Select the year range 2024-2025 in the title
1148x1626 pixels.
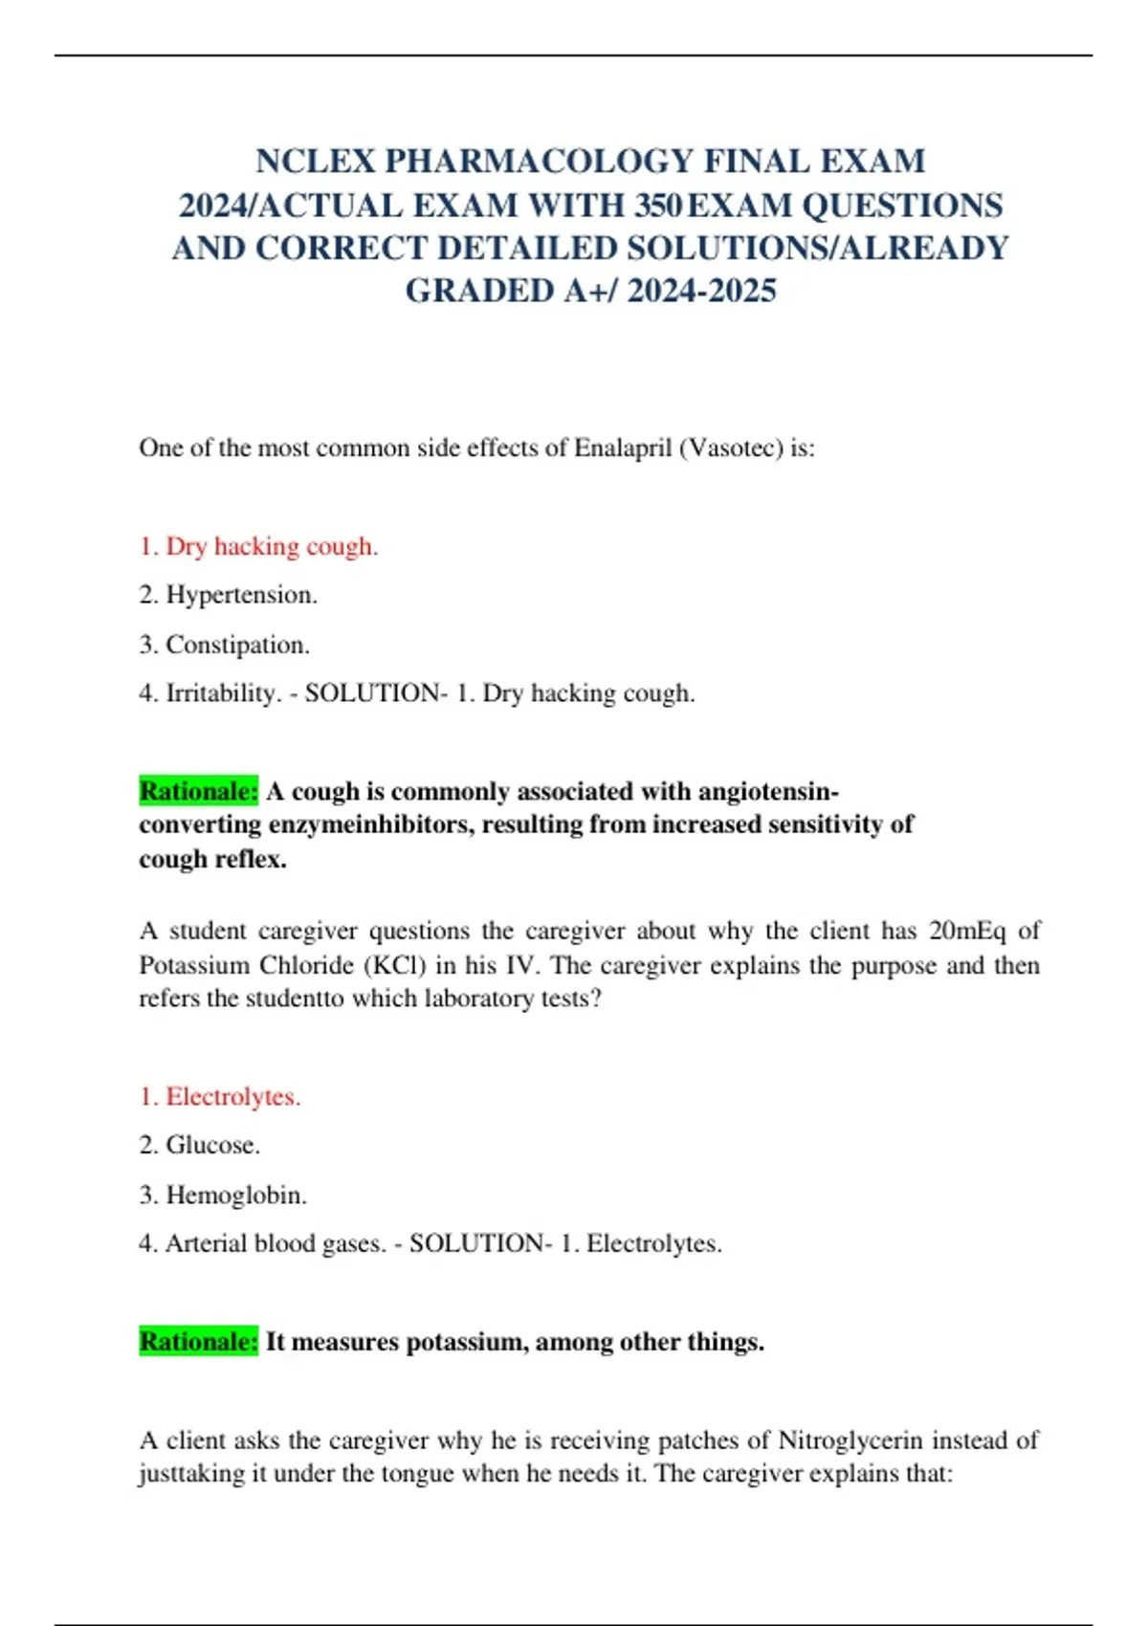tap(701, 291)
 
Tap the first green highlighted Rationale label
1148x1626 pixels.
tap(199, 791)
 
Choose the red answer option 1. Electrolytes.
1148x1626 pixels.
tap(220, 1096)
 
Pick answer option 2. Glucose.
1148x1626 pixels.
tap(200, 1145)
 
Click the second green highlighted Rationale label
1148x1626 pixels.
tap(199, 1342)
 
